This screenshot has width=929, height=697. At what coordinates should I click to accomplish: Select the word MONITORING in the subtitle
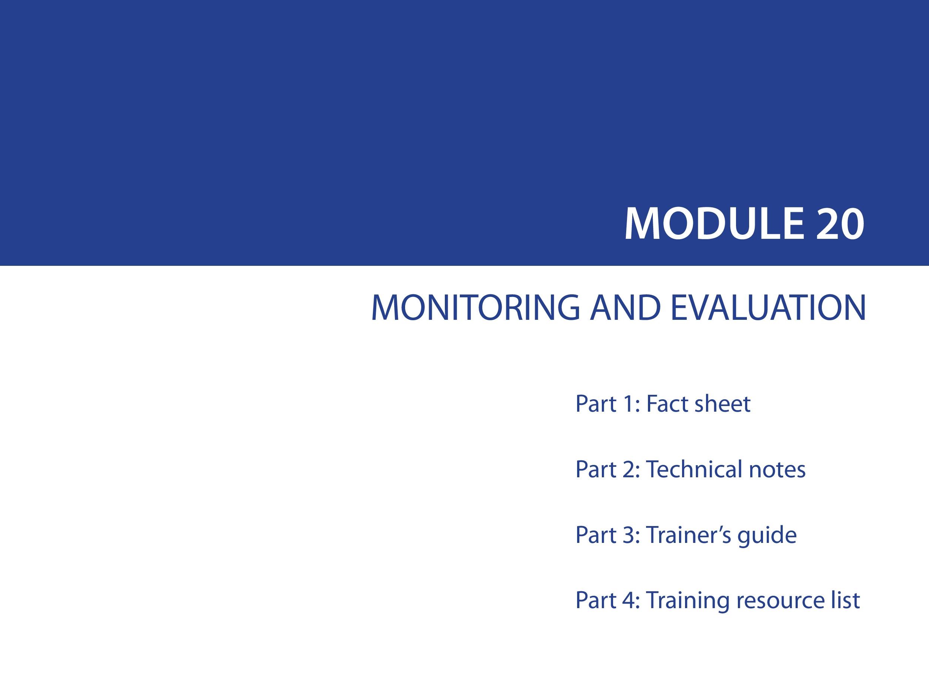coord(476,307)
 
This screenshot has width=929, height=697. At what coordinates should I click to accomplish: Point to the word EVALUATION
coord(768,307)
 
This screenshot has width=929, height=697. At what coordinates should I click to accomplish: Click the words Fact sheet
coord(698,403)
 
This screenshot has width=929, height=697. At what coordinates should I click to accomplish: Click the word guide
coord(767,536)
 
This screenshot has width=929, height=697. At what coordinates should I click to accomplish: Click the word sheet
coord(723,403)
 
